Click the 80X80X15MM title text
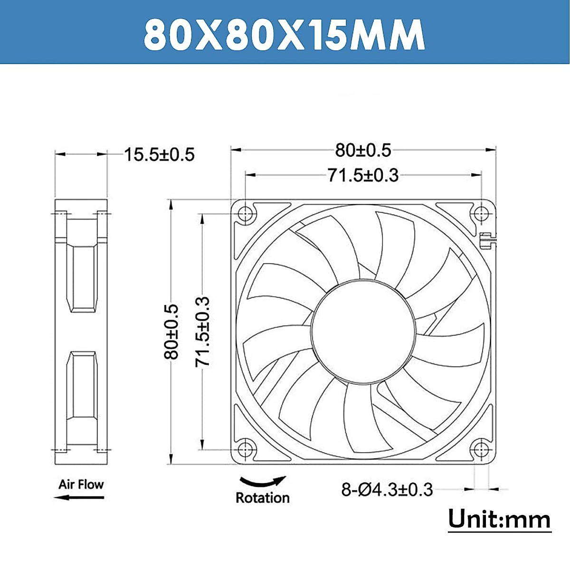tap(284, 34)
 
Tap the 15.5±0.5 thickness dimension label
tap(160, 154)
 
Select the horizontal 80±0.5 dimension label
tap(363, 150)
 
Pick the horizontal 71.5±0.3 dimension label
tap(363, 175)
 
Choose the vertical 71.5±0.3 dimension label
tap(202, 332)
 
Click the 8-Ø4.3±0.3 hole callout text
tap(387, 490)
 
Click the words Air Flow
tap(81, 485)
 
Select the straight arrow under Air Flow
tap(79, 497)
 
